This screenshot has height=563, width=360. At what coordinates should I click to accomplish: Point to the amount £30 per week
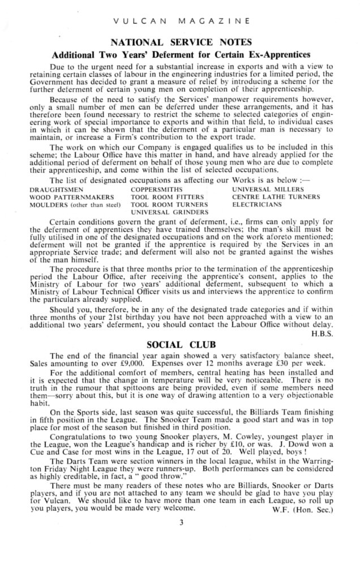299,366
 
